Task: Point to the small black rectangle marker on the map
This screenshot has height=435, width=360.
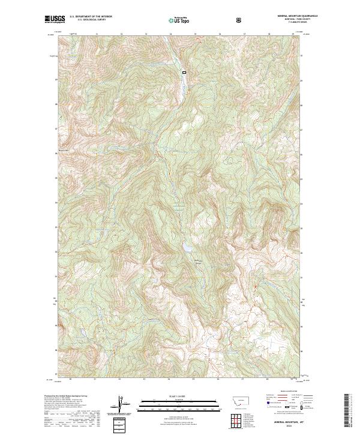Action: coord(184,73)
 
